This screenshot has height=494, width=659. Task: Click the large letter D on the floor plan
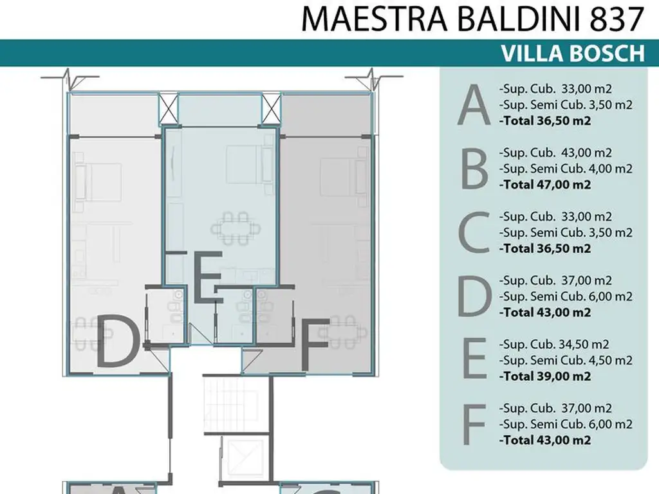118,342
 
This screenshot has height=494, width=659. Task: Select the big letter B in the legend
475,170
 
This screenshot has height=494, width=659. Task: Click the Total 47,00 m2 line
544,185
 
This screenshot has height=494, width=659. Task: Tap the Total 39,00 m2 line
544,376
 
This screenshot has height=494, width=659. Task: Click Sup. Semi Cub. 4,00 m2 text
565,169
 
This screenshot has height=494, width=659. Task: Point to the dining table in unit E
233,228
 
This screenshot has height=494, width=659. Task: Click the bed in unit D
100,181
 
